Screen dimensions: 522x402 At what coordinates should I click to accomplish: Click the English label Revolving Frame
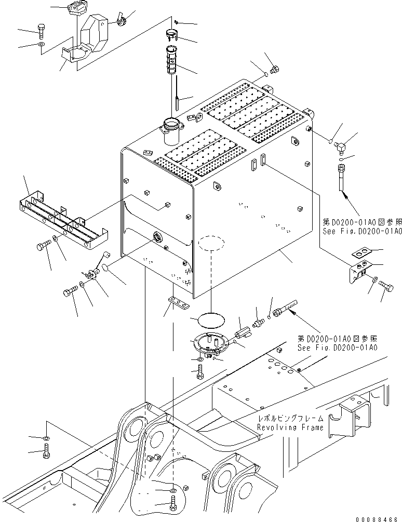[x=290, y=427]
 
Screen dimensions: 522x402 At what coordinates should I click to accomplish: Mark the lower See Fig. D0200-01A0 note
[x=338, y=347]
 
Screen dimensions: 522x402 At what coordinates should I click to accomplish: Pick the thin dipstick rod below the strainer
[x=177, y=93]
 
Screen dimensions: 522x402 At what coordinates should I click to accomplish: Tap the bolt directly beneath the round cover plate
[x=201, y=372]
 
